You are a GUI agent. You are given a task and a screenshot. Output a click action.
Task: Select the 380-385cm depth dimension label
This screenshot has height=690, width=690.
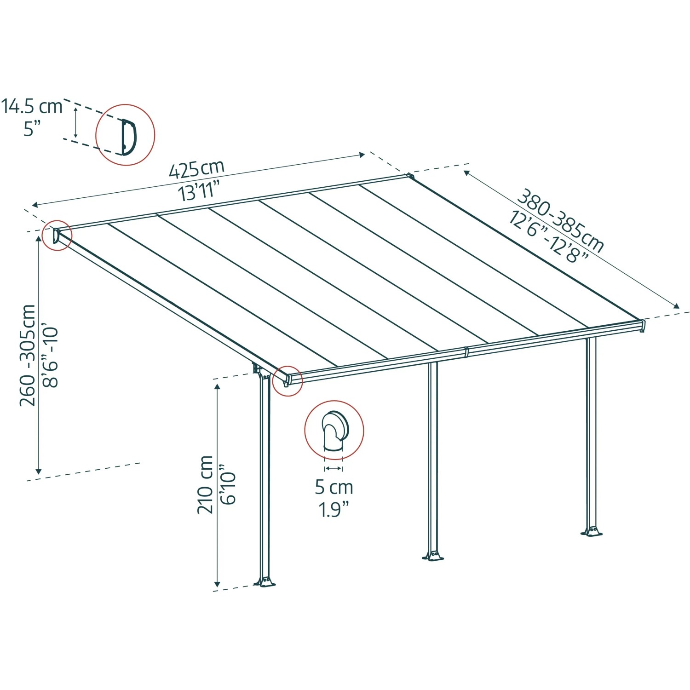pyautogui.click(x=560, y=220)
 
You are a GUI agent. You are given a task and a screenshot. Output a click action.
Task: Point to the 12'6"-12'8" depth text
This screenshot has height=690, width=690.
pyautogui.click(x=548, y=237)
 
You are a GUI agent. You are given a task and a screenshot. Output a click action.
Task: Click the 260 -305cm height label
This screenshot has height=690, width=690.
pyautogui.click(x=28, y=355)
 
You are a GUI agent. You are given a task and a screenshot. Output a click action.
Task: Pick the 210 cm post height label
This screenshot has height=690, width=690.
pyautogui.click(x=205, y=484)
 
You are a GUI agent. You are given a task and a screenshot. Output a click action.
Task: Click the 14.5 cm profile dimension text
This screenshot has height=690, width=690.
pyautogui.click(x=32, y=106)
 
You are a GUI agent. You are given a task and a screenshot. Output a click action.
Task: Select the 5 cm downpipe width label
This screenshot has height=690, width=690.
pyautogui.click(x=334, y=487)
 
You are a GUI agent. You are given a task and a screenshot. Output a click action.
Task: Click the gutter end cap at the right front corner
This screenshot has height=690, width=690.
pyautogui.click(x=643, y=326)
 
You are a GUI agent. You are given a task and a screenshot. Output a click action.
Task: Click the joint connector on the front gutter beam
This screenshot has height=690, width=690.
pyautogui.click(x=466, y=352)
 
